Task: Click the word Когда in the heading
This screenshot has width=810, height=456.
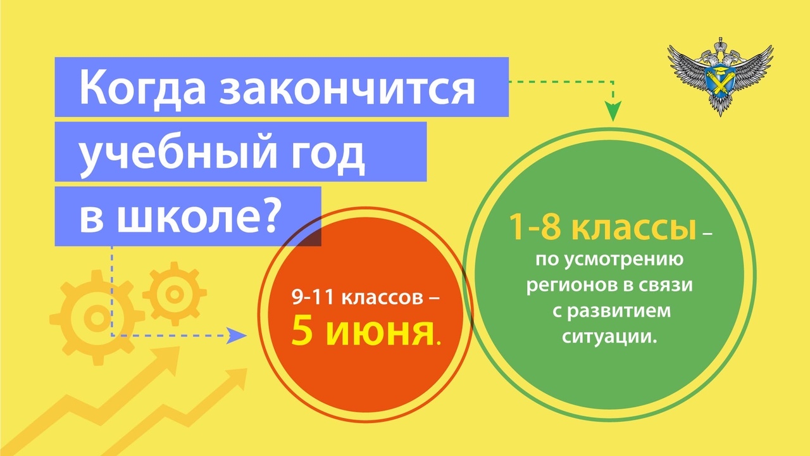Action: coord(142,90)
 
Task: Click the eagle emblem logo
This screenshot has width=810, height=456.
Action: coord(720,76)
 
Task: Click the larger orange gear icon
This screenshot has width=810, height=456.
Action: coord(97,317)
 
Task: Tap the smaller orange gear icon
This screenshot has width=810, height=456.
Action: coord(175,294)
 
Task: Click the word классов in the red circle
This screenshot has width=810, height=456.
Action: coord(382,298)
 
